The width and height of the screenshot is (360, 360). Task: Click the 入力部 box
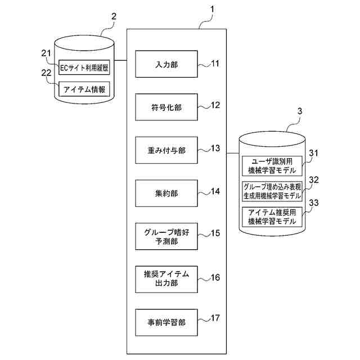tap(166, 64)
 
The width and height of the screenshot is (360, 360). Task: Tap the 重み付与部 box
tap(166, 150)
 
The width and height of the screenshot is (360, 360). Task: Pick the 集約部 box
tap(166, 193)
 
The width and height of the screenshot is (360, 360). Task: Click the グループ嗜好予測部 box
tap(166, 236)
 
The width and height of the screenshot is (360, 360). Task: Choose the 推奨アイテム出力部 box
tap(166, 279)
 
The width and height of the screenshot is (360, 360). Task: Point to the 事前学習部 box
tap(166, 322)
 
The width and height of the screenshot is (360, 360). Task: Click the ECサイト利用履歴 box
tap(84, 69)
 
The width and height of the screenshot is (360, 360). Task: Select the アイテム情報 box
tap(84, 89)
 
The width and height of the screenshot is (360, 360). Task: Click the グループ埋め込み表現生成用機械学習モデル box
tap(272, 191)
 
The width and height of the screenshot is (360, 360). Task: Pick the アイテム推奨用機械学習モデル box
tap(272, 217)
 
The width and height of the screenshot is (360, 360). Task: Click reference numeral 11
tap(214, 63)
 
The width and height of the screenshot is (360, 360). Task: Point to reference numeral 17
tap(214, 318)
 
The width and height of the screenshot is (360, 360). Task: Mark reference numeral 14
tap(214, 191)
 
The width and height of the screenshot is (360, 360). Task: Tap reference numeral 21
tap(46, 52)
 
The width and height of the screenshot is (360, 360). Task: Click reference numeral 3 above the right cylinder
tap(299, 111)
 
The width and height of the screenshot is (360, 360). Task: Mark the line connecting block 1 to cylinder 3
tap(233, 152)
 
